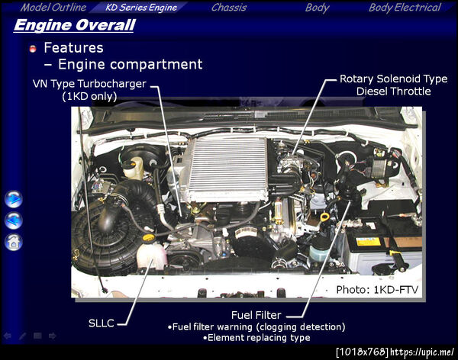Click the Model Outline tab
click(x=53, y=8)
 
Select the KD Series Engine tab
click(x=141, y=8)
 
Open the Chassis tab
click(x=229, y=8)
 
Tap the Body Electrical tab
click(x=405, y=8)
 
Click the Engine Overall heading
click(x=75, y=25)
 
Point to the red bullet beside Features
click(x=33, y=49)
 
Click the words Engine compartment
click(x=131, y=64)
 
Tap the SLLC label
click(x=101, y=323)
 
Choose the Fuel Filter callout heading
click(x=256, y=315)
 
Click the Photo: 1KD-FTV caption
click(x=377, y=290)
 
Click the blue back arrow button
click(x=14, y=220)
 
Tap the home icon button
click(x=14, y=242)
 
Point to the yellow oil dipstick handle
click(x=324, y=217)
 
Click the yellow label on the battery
click(x=368, y=242)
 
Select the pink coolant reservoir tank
click(x=151, y=256)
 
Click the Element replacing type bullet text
click(x=256, y=338)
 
